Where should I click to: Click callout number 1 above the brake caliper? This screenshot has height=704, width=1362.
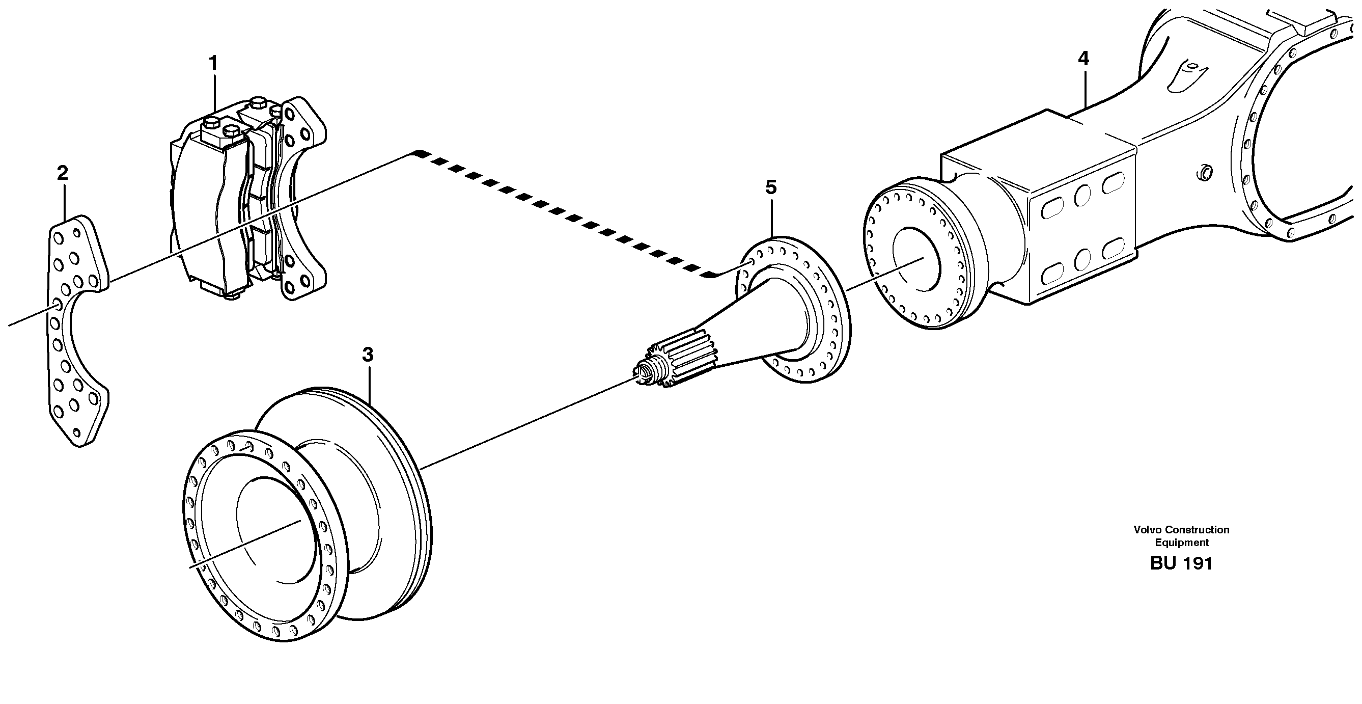(213, 64)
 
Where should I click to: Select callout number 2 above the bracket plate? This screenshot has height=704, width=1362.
(63, 174)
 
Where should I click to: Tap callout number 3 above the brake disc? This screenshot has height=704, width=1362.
(368, 355)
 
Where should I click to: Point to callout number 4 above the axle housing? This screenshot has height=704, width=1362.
(1083, 59)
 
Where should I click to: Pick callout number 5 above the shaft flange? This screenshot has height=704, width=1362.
(771, 187)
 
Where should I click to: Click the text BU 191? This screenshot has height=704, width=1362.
(1181, 563)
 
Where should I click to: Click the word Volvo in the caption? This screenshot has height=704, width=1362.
(1145, 529)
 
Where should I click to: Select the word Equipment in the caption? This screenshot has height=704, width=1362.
(1181, 542)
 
